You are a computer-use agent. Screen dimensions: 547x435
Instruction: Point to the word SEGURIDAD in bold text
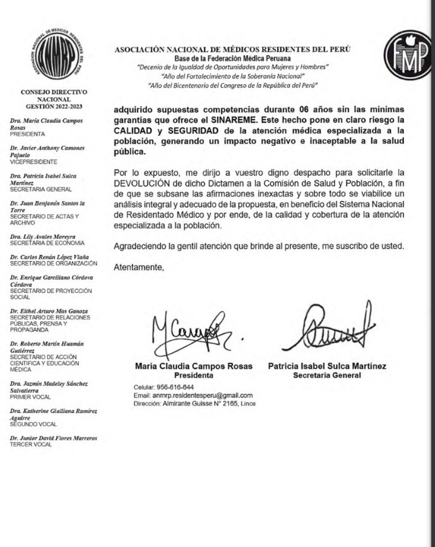[x=197, y=130]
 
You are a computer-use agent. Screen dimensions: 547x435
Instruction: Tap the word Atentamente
[x=138, y=267]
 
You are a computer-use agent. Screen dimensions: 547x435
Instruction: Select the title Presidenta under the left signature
[x=193, y=375]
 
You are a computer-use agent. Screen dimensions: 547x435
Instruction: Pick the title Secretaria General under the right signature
[x=327, y=375]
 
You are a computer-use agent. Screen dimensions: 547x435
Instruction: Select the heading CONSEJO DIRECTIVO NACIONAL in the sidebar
[x=54, y=95]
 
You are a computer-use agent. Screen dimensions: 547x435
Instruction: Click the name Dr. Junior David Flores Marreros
[x=54, y=438]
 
